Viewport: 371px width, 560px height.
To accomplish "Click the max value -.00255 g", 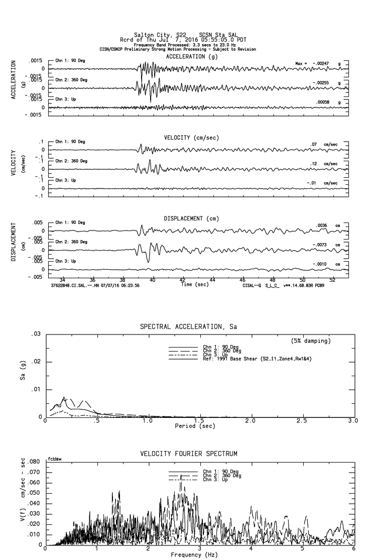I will [322, 83].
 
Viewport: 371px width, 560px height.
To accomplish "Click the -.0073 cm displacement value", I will [319, 245].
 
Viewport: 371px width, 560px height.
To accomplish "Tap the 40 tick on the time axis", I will [153, 279].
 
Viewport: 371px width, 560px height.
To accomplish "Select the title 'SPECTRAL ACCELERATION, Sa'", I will [188, 327].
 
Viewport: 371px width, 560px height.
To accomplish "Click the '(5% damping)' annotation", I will [311, 341].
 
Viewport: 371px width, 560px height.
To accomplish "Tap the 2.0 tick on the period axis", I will [250, 420].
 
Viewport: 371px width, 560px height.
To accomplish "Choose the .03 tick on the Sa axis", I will [36, 334].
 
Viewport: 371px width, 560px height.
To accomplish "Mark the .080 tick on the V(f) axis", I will [33, 462].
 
